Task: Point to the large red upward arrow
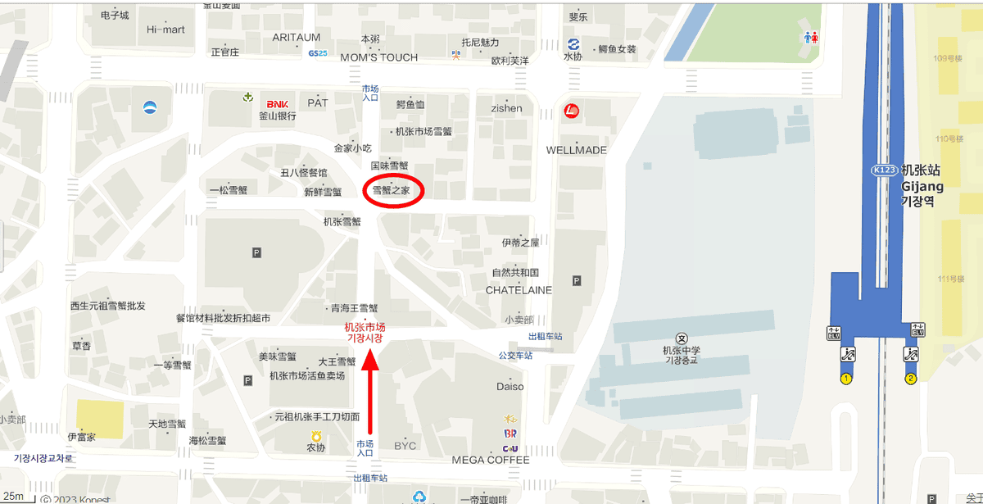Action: [370, 393]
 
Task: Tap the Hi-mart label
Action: [165, 30]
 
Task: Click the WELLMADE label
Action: [577, 150]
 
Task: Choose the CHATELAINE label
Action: [519, 290]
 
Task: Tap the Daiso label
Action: [510, 386]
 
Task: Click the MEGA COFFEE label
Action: [491, 460]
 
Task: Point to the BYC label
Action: [405, 446]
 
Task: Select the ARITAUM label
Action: [297, 38]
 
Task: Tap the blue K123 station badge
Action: [884, 170]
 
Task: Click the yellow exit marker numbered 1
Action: [846, 379]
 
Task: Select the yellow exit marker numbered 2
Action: [910, 379]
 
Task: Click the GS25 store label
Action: [318, 53]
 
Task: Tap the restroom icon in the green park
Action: [811, 38]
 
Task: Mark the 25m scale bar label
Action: [13, 495]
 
